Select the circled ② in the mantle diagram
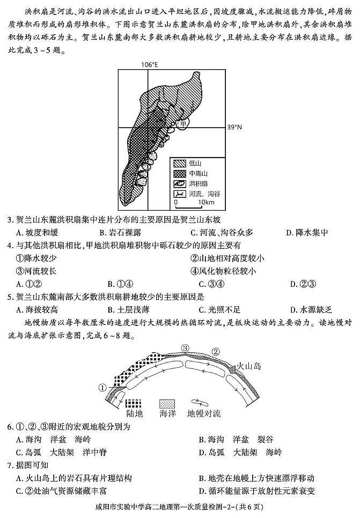[216, 352]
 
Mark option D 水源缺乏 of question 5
[311, 309]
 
